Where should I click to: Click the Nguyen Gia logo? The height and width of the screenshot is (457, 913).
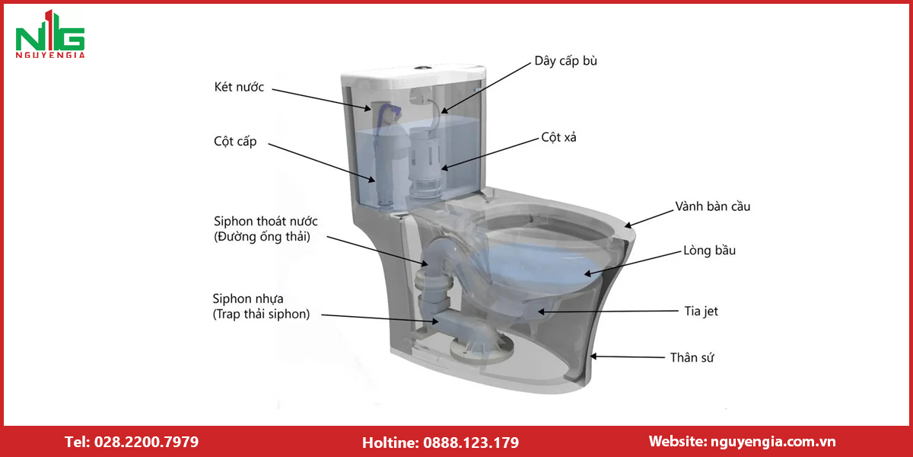(x=50, y=34)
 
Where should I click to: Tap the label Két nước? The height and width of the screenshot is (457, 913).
(x=239, y=87)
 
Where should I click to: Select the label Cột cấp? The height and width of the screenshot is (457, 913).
(x=235, y=142)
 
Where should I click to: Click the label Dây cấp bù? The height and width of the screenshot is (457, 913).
(x=566, y=61)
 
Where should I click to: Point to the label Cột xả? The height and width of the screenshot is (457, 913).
(x=558, y=138)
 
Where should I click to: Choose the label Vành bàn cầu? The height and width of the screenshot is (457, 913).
(x=713, y=206)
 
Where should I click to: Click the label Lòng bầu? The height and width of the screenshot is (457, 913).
(x=710, y=250)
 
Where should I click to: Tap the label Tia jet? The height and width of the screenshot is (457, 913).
(x=701, y=312)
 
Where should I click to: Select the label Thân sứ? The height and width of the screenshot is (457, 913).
(x=692, y=358)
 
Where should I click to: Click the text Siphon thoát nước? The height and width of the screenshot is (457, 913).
(x=266, y=221)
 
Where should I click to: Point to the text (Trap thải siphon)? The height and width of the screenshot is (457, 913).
(x=261, y=314)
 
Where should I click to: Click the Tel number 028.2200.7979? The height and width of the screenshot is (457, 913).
(x=146, y=442)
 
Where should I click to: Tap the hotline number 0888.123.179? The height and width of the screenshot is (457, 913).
(x=471, y=443)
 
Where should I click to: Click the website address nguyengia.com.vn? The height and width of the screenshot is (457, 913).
(x=773, y=442)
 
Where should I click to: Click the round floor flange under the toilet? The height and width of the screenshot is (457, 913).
(x=482, y=350)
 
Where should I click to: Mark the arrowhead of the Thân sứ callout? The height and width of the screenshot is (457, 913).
(x=593, y=356)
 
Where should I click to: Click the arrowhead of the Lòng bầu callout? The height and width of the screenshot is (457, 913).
(x=587, y=273)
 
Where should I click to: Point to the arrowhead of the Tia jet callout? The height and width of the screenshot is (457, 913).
(x=541, y=312)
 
